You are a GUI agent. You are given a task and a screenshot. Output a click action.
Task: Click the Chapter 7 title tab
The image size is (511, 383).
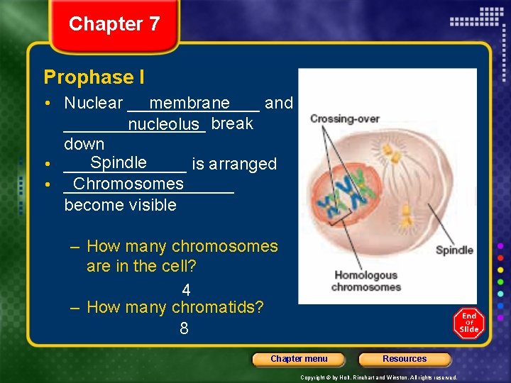pos(114,24)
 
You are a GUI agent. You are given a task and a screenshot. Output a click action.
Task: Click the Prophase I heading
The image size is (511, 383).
pos(89,77)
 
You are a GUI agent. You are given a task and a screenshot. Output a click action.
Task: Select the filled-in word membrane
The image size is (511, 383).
pos(189,104)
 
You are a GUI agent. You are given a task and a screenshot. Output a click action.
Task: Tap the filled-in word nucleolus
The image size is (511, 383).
pos(163,125)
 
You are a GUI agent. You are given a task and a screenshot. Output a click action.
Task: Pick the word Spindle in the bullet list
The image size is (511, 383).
pos(119,162)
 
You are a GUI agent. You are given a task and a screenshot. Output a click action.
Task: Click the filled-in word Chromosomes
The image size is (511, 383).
pos(128,184)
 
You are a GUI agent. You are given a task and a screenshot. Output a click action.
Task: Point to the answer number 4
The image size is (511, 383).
pos(186,290)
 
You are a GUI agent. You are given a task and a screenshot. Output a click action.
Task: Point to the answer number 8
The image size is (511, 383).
pos(184,328)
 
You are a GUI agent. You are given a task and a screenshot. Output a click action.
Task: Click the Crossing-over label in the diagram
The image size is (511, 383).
pos(345,118)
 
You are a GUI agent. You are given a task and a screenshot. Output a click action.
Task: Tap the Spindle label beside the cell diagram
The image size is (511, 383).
pos(454,250)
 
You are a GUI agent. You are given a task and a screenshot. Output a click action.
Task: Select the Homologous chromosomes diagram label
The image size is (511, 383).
pos(366,281)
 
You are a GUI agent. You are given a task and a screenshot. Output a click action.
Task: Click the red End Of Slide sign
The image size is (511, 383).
pos(468,323)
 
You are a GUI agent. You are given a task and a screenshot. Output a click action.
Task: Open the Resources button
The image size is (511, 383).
pos(405,359)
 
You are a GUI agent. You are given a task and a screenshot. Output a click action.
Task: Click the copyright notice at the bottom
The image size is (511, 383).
pos(379,377)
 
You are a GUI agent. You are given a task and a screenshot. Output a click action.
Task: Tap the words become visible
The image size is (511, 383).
pos(120,205)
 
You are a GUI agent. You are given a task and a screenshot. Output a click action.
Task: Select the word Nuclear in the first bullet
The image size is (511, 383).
pos(94,103)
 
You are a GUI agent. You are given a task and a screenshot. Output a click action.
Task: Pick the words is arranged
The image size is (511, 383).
pos(234,164)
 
